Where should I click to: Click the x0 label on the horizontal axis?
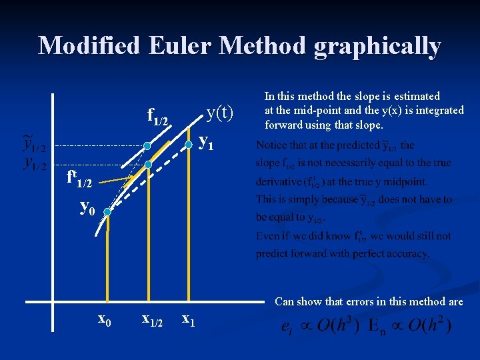(x=105, y=320)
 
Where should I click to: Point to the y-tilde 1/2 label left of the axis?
(x=34, y=143)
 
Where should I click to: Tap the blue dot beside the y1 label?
(x=189, y=144)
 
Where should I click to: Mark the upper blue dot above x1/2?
(x=147, y=145)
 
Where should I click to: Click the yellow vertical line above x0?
(x=107, y=260)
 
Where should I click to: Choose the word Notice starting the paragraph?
(x=271, y=145)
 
